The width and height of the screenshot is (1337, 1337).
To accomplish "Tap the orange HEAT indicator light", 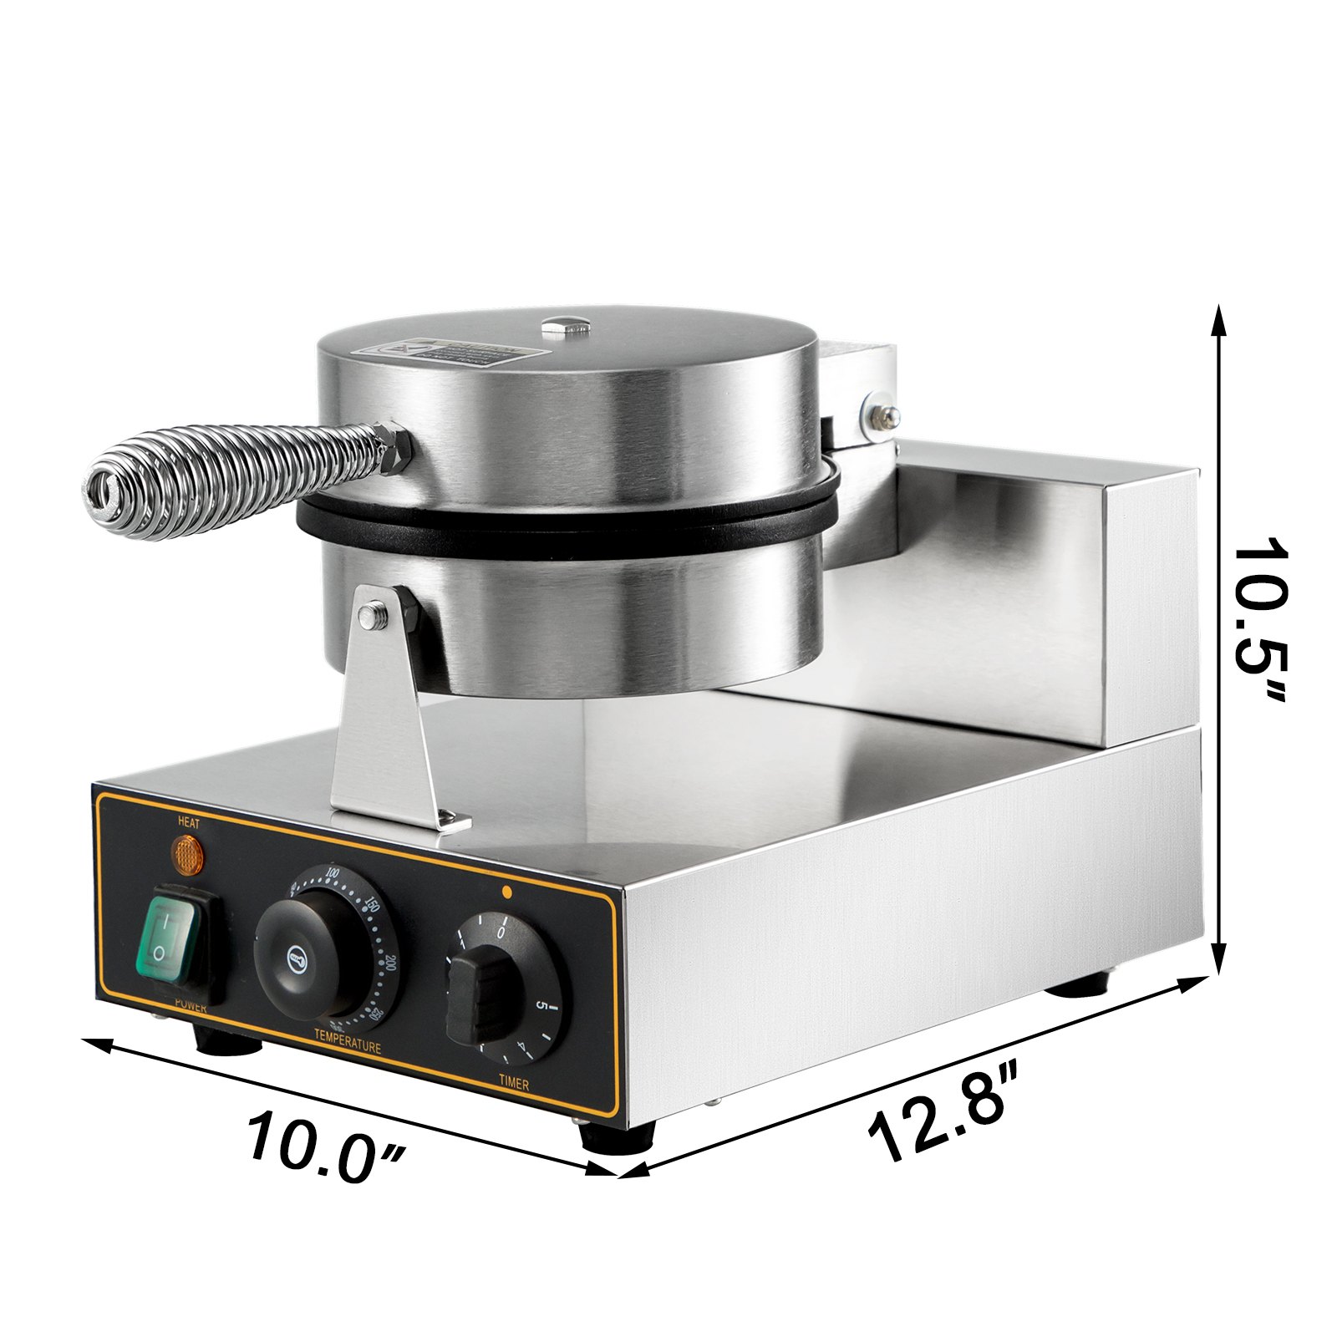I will [188, 852].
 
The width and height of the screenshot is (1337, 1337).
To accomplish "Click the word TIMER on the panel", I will [514, 1085].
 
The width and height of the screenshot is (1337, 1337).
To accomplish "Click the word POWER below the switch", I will [190, 1008].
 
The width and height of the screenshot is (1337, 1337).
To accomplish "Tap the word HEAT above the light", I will [189, 822].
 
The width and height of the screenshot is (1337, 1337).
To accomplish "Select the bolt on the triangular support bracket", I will [369, 618].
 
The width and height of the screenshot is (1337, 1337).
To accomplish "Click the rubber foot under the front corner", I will [618, 1136].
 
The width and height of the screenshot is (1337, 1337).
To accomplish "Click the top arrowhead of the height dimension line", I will [1220, 318].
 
